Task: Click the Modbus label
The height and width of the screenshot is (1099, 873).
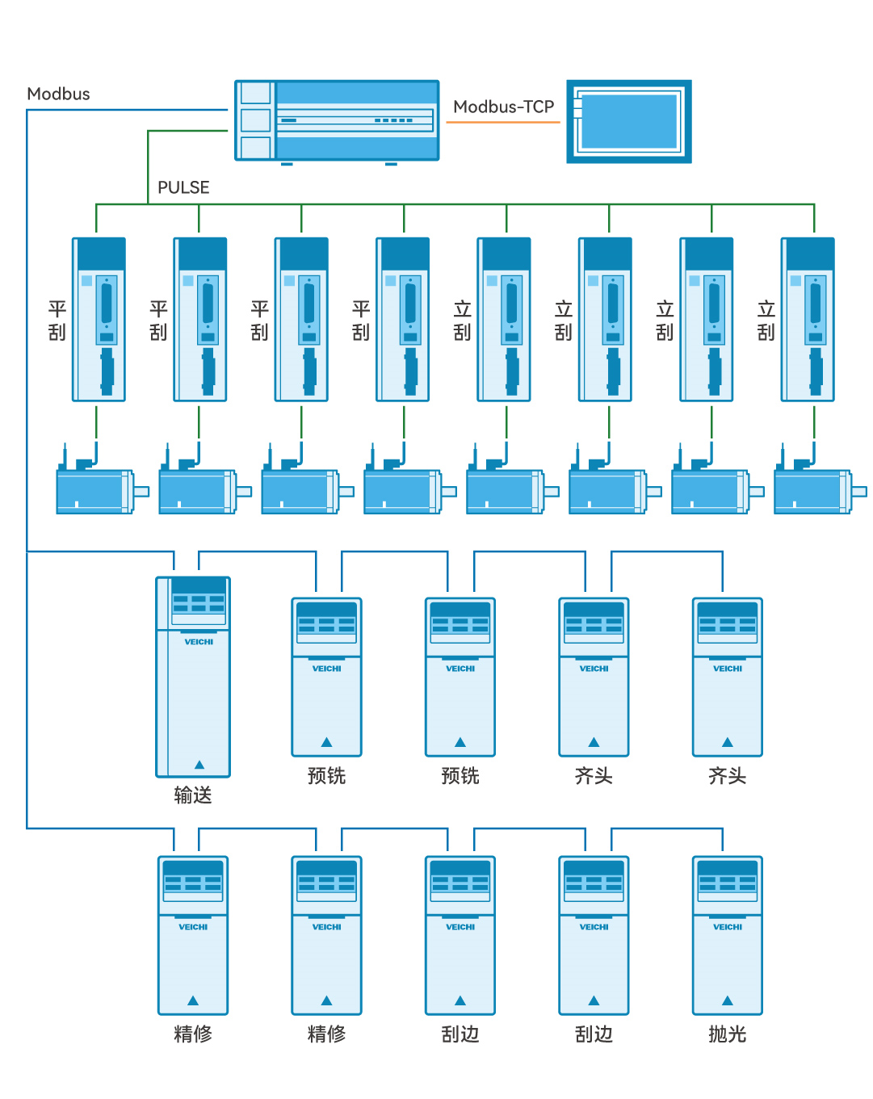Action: click(58, 94)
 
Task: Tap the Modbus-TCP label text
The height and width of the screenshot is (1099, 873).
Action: click(503, 107)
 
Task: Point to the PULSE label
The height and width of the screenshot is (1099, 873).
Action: click(183, 187)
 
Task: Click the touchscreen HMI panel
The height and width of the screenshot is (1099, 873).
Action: click(629, 121)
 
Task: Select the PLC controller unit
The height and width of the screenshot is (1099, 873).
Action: click(337, 120)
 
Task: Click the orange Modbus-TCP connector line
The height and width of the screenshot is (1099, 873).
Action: click(503, 123)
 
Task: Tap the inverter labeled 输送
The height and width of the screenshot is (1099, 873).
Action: click(193, 677)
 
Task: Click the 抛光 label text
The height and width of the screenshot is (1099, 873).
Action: click(727, 1034)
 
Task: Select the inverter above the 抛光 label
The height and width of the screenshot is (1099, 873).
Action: click(728, 935)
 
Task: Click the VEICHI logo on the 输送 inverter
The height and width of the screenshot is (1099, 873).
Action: click(199, 642)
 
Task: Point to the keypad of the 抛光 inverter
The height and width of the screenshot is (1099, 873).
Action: click(728, 882)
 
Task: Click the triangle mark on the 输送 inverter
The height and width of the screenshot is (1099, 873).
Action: click(199, 765)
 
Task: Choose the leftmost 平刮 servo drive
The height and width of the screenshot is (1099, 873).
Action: click(99, 319)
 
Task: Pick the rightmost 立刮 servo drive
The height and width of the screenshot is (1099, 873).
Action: click(808, 319)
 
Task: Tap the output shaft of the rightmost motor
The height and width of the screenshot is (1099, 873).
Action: click(859, 491)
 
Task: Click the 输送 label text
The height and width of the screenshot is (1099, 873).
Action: click(193, 795)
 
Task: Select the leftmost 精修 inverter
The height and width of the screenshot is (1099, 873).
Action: click(193, 935)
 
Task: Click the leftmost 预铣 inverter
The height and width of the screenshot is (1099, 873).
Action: click(326, 677)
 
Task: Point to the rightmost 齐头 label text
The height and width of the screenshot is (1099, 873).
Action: click(727, 776)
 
